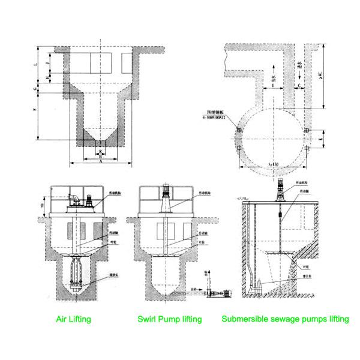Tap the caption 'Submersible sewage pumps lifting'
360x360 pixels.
click(x=285, y=319)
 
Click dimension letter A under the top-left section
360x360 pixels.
click(x=101, y=161)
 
